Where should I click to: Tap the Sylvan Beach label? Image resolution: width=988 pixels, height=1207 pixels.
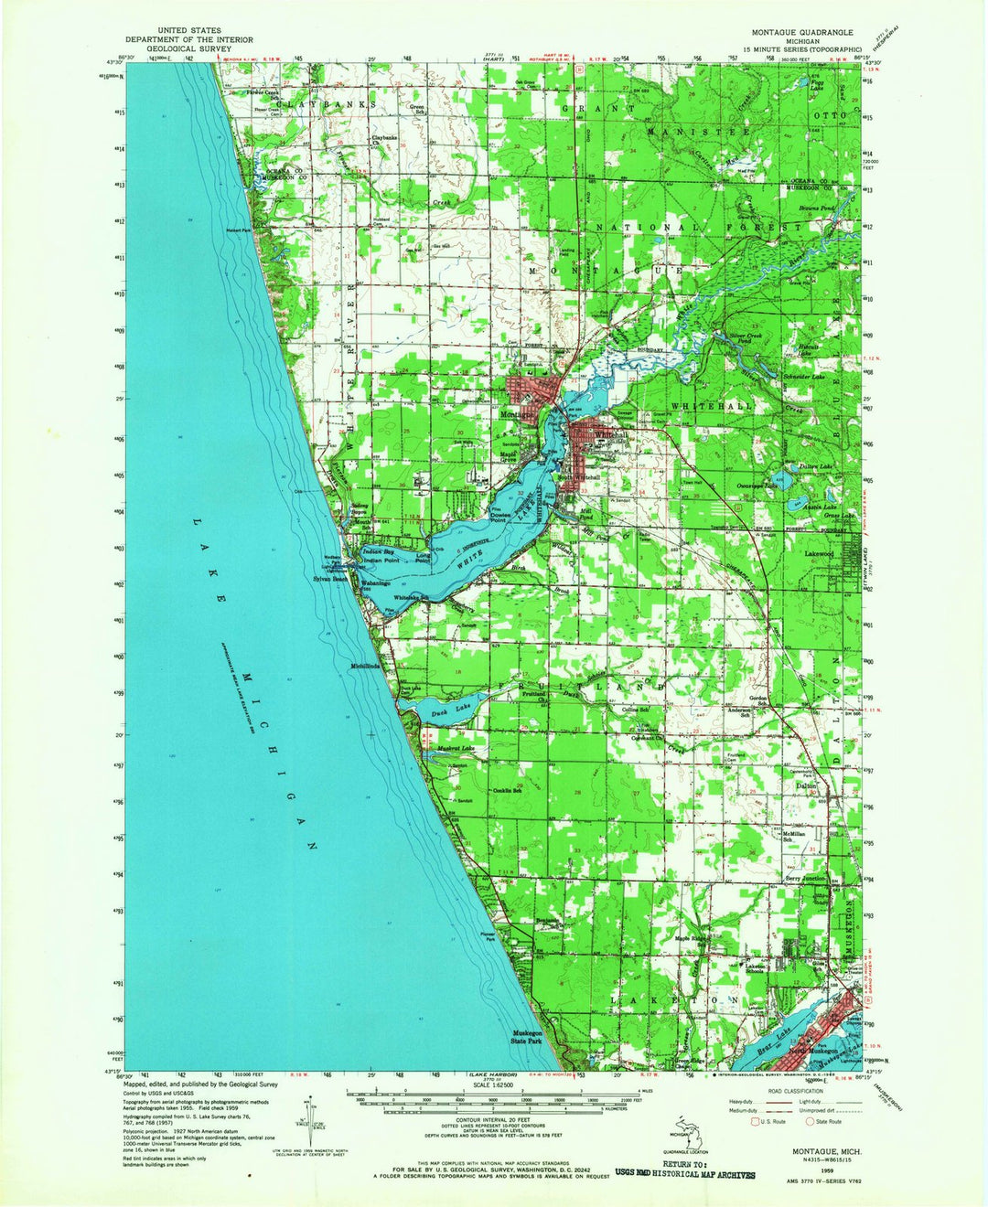click(330, 579)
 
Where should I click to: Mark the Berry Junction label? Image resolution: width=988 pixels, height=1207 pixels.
click(806, 878)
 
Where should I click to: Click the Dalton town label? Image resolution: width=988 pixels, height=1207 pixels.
click(805, 785)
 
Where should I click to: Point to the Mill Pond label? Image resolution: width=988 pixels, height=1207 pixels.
click(585, 515)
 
